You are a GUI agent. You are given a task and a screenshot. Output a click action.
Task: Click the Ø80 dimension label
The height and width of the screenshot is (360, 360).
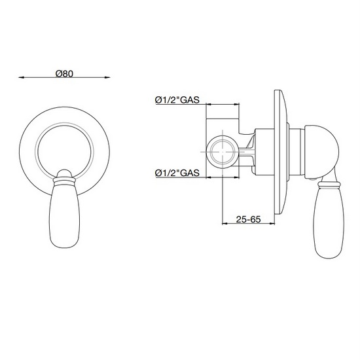coord(63,71)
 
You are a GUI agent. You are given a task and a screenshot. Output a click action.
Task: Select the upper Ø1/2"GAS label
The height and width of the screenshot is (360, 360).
coord(177,99)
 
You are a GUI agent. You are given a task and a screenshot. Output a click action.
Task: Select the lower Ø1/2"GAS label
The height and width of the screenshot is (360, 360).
coord(177,172)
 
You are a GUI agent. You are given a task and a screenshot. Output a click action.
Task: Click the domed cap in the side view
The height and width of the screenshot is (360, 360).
coord(324,147)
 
